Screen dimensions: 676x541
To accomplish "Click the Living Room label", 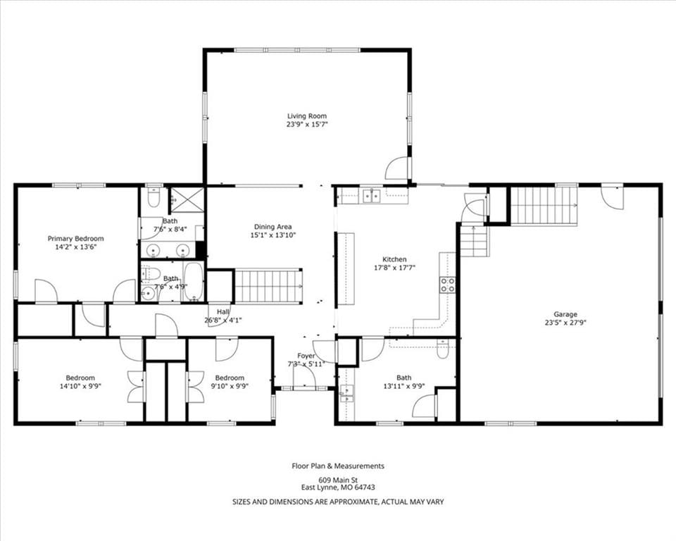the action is (x=307, y=116).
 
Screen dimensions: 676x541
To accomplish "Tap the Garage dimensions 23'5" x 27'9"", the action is (x=565, y=322).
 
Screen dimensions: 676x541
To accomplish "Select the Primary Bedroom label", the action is (x=75, y=239).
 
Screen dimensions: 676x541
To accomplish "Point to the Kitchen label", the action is (x=394, y=259).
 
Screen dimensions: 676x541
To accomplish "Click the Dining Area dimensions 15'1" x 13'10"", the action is (x=273, y=235).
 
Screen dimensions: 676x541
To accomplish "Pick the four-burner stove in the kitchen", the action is (x=448, y=285).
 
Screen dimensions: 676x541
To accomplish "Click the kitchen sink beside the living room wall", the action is (x=371, y=196).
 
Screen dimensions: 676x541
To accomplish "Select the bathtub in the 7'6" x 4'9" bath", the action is (x=194, y=281).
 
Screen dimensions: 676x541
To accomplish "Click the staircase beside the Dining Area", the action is (x=268, y=286).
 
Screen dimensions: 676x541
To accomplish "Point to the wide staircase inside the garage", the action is (x=544, y=206).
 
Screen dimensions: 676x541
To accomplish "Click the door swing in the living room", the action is (x=396, y=168).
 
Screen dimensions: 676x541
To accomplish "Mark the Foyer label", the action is (x=306, y=356).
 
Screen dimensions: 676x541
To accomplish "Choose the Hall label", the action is (x=223, y=312).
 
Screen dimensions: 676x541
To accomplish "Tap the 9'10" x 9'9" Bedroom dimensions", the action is (x=230, y=386).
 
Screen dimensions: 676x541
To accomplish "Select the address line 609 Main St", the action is (x=338, y=480).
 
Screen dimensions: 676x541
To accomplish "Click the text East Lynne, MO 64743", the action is (x=338, y=487).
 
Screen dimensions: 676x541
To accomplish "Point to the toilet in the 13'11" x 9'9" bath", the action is (x=443, y=349).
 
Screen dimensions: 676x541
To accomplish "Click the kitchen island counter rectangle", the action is (x=346, y=269).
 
